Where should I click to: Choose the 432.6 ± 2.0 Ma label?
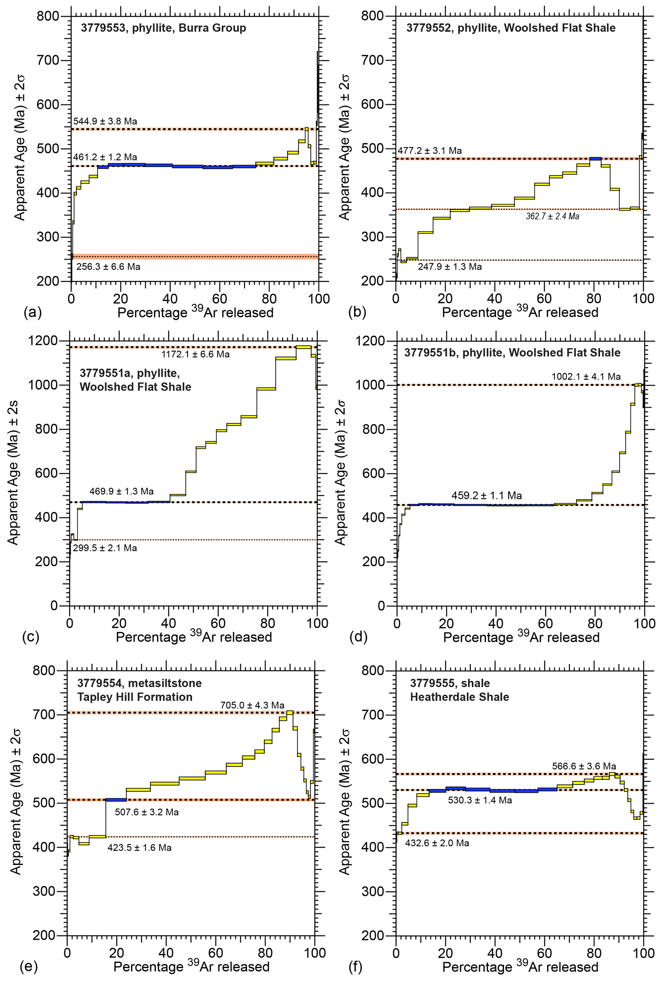437,843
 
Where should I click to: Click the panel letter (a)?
33,312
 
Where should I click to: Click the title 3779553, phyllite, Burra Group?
163,28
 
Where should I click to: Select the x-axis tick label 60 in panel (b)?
544,299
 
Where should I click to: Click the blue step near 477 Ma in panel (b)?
595,159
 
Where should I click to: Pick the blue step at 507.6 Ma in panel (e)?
116,800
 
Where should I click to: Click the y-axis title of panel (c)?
13,473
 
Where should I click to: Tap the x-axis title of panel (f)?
520,967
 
